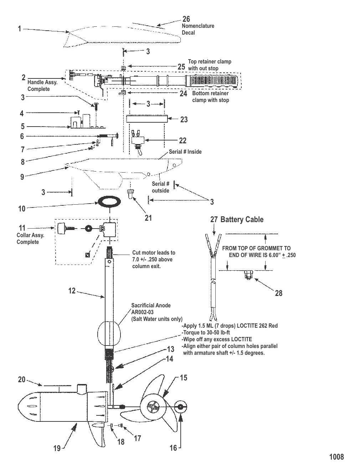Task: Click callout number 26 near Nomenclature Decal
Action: (186, 19)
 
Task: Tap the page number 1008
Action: (336, 457)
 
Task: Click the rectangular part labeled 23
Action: (147, 119)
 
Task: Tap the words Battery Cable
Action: (242, 220)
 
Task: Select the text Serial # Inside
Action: (185, 152)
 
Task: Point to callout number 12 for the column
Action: (72, 291)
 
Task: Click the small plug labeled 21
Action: (131, 194)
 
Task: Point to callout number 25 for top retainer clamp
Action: (181, 67)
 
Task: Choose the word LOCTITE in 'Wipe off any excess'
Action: (239, 339)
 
